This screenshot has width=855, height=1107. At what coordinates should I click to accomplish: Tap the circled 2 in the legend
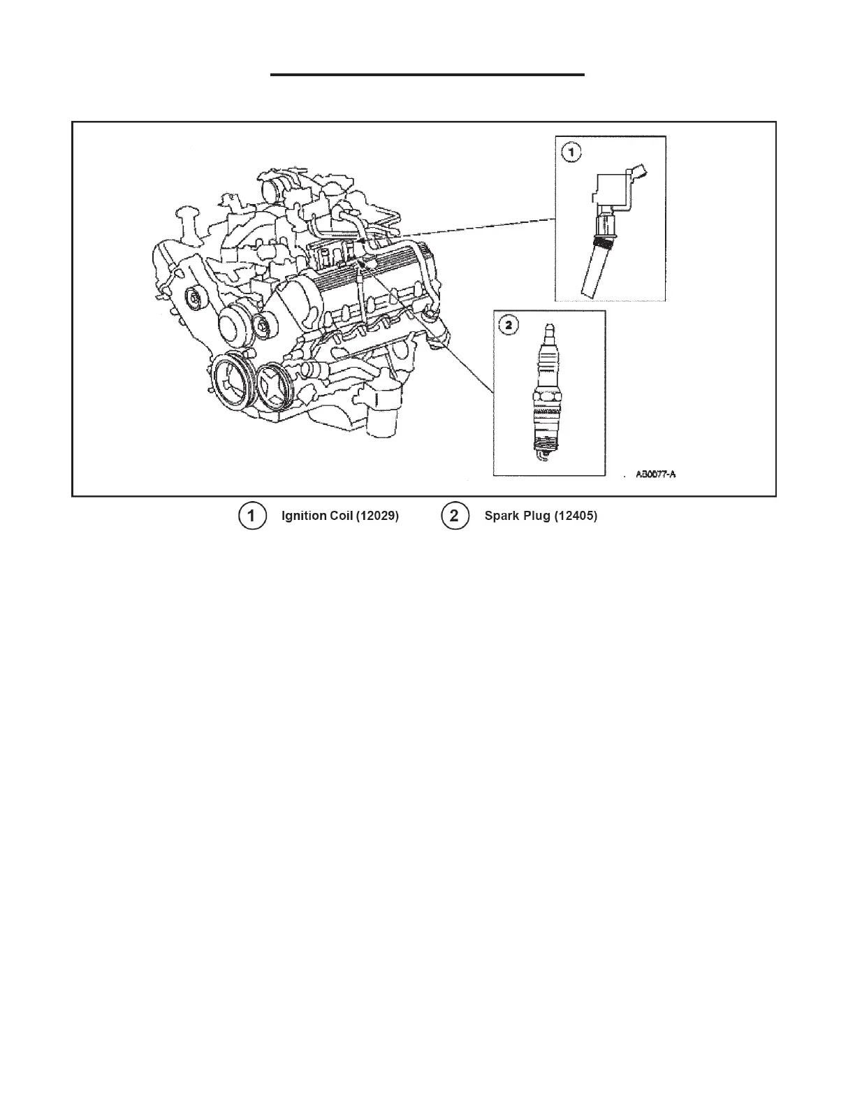click(455, 516)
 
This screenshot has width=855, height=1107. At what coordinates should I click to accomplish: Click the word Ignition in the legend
click(304, 516)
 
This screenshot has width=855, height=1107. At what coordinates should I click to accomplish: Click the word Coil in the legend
click(339, 516)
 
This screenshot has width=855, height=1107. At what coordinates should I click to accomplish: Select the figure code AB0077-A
click(656, 475)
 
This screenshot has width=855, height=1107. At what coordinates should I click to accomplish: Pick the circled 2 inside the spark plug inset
click(509, 325)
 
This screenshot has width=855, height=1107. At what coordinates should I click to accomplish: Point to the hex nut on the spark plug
click(547, 396)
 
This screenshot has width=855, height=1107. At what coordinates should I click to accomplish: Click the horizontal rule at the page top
click(427, 74)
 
